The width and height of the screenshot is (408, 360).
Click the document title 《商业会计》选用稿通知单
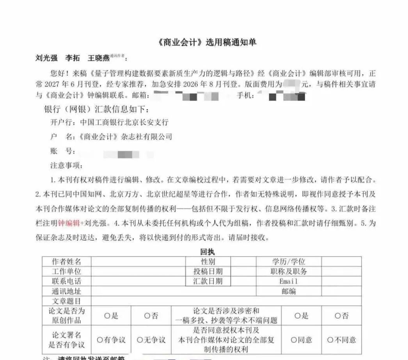pyautogui.click(x=207, y=42)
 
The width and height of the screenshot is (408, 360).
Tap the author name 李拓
pyautogui.click(x=72, y=58)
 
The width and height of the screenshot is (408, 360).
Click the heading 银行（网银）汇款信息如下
pyautogui.click(x=96, y=109)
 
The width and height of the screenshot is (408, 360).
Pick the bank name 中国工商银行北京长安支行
pyautogui.click(x=124, y=122)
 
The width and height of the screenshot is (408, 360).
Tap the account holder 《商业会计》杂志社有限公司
pyautogui.click(x=125, y=137)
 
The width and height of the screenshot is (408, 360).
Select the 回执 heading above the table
pyautogui.click(x=207, y=252)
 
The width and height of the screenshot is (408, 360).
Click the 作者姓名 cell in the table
pyautogui.click(x=67, y=261)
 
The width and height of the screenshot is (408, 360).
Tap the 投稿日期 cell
pyautogui.click(x=208, y=271)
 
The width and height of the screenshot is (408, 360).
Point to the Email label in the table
pyautogui.click(x=289, y=281)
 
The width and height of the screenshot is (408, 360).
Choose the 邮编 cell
pyautogui.click(x=289, y=291)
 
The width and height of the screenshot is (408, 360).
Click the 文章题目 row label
pyautogui.click(x=67, y=301)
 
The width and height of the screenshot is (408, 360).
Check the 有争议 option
pyautogui.click(x=111, y=340)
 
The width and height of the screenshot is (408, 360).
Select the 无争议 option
pyautogui.click(x=151, y=340)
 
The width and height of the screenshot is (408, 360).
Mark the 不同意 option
pyautogui.click(x=341, y=340)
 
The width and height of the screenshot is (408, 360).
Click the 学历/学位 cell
pyautogui.click(x=289, y=261)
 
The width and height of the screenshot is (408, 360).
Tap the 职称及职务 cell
pyautogui.click(x=289, y=271)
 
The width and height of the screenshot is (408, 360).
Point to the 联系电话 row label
pyautogui.click(x=67, y=281)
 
